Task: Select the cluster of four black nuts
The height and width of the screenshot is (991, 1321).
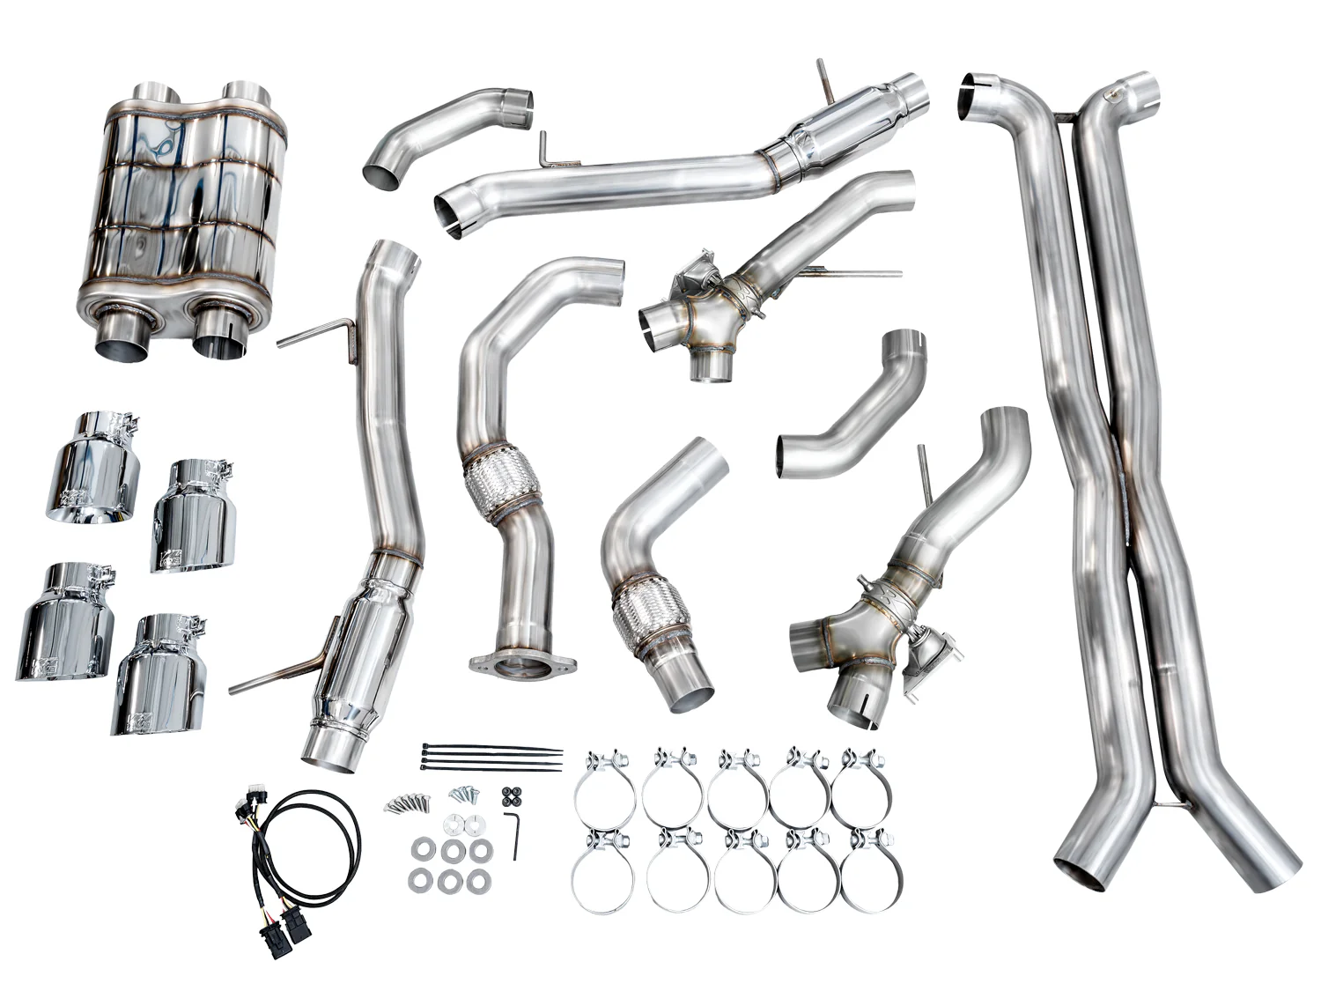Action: click(508, 795)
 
